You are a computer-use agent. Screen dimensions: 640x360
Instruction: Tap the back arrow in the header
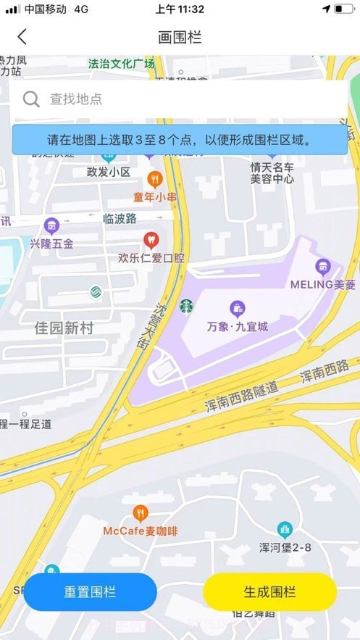22,37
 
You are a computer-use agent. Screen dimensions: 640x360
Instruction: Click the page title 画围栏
180,37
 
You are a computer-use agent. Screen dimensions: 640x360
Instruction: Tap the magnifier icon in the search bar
31,99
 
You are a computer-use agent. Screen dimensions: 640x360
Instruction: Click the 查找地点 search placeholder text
76,99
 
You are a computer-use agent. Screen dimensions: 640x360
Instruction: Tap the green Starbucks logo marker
187,307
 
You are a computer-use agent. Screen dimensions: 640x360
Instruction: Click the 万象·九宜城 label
238,326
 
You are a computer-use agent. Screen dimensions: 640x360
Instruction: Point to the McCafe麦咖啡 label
140,531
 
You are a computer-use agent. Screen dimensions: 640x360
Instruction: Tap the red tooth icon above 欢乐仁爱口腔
151,238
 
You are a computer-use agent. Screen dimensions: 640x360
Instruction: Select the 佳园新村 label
64,328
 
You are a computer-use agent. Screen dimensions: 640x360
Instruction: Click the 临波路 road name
120,218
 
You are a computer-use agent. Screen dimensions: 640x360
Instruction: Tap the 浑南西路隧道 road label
241,398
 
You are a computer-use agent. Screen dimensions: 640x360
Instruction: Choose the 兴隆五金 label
51,244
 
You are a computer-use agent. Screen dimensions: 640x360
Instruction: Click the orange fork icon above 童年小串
154,178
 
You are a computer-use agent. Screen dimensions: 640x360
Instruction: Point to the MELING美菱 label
323,284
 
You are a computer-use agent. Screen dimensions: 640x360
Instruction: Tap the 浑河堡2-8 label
285,547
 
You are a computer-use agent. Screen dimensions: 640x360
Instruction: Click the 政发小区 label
108,172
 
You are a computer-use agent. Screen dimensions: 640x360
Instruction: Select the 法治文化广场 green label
121,64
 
